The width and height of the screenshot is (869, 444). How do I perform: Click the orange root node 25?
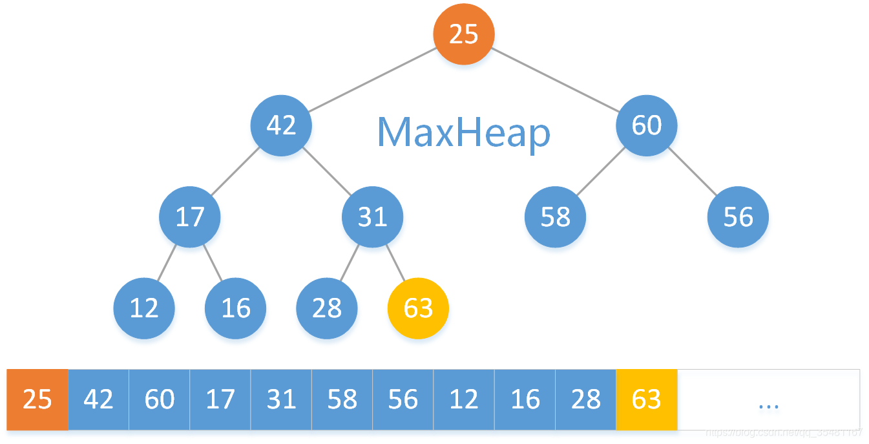463,34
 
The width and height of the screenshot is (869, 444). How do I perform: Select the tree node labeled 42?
281,125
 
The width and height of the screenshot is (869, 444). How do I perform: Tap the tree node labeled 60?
646,125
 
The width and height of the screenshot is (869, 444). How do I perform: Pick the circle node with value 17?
190,217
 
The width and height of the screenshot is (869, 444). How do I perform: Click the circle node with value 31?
372,217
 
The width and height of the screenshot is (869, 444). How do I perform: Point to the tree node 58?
555,217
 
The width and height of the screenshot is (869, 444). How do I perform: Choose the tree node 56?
738,217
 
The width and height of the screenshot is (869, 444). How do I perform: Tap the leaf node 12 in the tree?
144,308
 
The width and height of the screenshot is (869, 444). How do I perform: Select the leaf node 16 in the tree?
236,308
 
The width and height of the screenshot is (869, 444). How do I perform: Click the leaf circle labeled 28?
327,308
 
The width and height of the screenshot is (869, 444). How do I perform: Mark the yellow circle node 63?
418,308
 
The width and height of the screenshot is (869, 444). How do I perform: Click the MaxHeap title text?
463,133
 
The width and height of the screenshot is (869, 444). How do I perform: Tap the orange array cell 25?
37,399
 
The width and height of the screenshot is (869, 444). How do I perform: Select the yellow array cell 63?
647,399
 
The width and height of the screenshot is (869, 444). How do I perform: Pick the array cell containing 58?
342,399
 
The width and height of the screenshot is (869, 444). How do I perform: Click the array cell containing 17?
220,399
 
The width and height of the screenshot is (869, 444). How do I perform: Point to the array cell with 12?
464,399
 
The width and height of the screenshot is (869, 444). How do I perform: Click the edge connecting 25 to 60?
556,80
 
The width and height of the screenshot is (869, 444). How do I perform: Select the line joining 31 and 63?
395,263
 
